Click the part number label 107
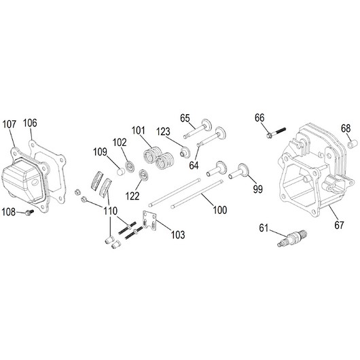pos(10,124)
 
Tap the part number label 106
pos(30,123)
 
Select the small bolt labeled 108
pos(29,212)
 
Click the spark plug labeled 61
pos(292,238)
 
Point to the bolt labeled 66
pos(276,132)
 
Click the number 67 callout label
pos(339,225)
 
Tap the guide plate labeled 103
pos(149,220)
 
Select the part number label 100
pos(220,210)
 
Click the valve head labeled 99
pos(243,169)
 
